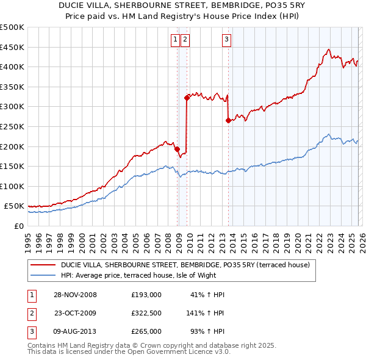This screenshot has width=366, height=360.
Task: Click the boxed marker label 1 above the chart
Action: click(x=175, y=40)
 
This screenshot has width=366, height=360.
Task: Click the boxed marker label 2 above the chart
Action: click(x=184, y=40)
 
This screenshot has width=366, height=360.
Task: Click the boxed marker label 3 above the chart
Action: click(x=226, y=40)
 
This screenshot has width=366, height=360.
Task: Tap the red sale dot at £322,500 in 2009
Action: click(x=187, y=97)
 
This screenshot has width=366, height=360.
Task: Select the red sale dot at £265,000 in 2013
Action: click(x=228, y=120)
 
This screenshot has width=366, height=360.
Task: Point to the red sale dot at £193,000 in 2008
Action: click(x=177, y=148)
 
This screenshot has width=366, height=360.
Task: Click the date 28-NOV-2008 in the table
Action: click(x=74, y=295)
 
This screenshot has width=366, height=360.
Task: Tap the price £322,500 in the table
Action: click(x=146, y=313)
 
